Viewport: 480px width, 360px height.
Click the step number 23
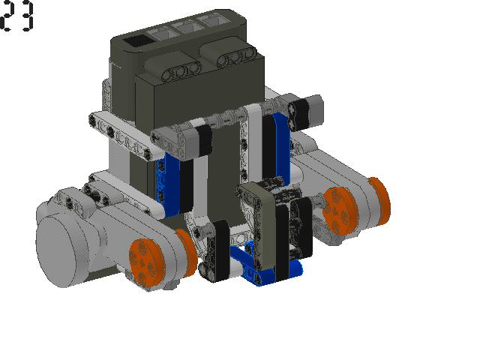[x=17, y=15]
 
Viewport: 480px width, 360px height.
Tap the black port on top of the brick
[x=137, y=41]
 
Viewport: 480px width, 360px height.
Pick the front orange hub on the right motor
[x=340, y=211]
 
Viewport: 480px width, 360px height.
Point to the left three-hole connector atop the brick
[x=181, y=71]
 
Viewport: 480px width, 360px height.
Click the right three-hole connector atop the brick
[x=237, y=56]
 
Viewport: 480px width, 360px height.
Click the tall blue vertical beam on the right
[x=282, y=147]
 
